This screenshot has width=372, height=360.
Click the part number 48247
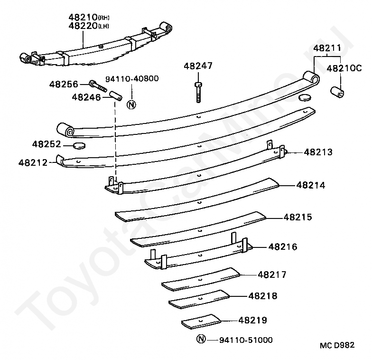(199, 66)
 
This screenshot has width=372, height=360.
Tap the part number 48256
(64, 84)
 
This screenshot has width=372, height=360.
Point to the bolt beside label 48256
(98, 87)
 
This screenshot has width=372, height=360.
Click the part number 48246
(86, 97)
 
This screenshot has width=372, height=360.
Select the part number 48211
(326, 48)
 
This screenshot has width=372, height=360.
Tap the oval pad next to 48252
(79, 145)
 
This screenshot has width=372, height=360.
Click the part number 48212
(33, 162)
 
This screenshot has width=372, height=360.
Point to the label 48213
(318, 152)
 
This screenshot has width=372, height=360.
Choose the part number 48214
(311, 185)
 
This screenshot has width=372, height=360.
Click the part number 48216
(282, 246)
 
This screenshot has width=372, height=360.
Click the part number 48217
(272, 275)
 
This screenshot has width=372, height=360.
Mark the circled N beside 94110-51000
(201, 340)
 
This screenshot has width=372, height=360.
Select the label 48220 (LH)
(88, 26)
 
